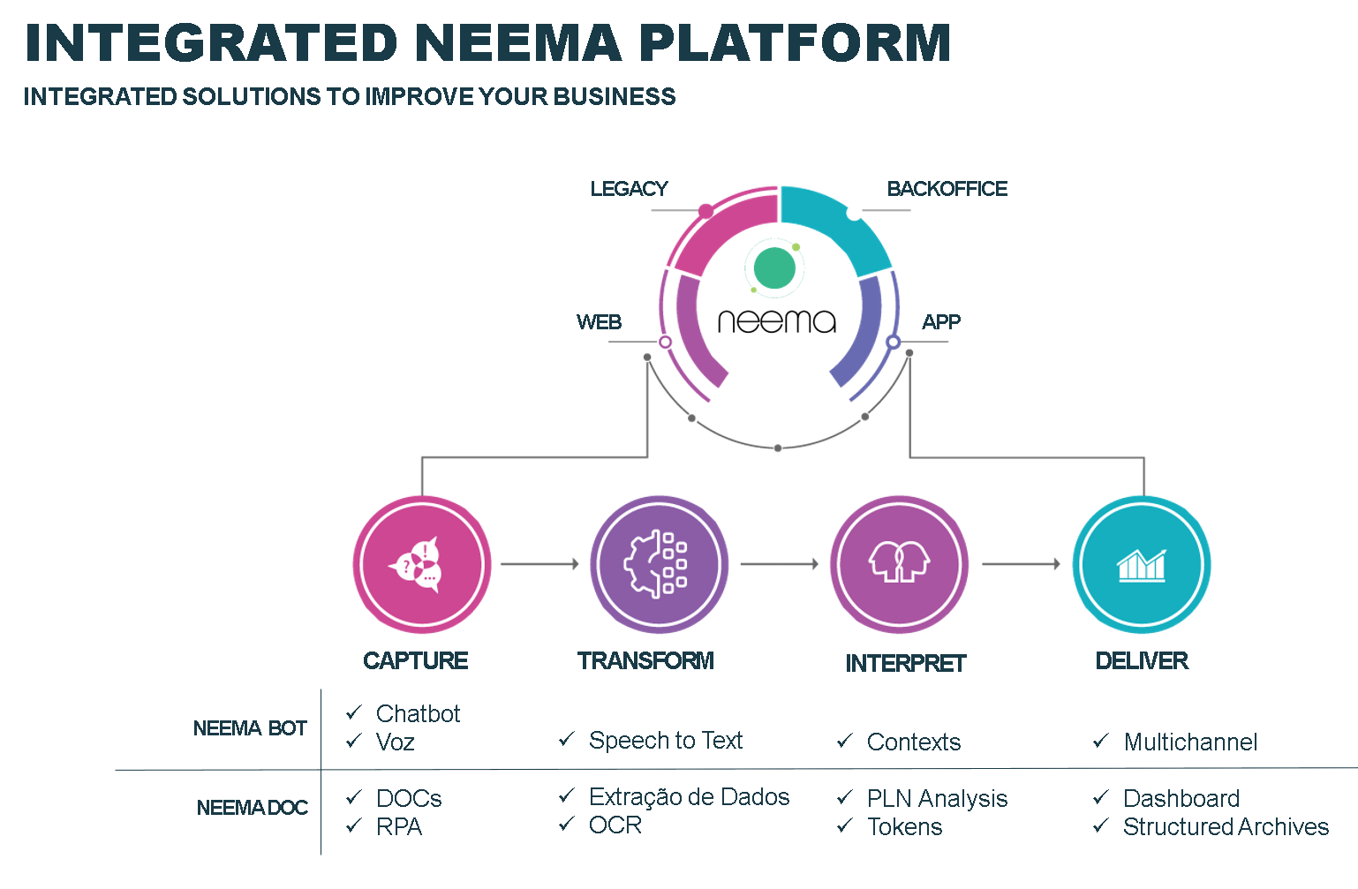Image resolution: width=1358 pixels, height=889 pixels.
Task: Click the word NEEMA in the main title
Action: [x=519, y=43]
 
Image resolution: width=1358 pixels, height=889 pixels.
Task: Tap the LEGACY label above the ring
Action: [x=629, y=188]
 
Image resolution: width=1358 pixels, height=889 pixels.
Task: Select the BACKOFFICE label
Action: [x=947, y=188]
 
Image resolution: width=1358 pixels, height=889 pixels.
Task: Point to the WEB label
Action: [x=599, y=321]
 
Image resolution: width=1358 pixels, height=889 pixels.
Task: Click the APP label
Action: [x=941, y=321]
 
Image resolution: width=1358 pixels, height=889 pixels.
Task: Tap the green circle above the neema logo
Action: [x=774, y=267]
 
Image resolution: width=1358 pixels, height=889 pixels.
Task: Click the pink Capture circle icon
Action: [x=422, y=565]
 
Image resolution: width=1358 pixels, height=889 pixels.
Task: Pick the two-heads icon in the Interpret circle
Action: [x=899, y=561]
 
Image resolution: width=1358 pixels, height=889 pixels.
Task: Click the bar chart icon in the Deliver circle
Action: [x=1142, y=565]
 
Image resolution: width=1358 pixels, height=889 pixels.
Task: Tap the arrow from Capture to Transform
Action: [x=539, y=564]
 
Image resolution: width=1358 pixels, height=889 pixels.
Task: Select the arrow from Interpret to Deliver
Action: [x=1021, y=564]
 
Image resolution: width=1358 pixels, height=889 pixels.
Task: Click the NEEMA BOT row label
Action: [x=250, y=727]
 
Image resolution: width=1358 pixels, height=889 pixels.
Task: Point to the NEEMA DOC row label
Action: [x=253, y=807]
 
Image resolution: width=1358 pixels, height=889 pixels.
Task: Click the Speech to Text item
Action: [x=666, y=741]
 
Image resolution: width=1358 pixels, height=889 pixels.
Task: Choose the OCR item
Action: [x=615, y=825]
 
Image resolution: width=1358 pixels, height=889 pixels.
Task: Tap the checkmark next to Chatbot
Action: [x=354, y=712]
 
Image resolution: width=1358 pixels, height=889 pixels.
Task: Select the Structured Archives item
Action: [x=1226, y=826]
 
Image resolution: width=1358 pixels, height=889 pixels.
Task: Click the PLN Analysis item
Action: [x=937, y=799]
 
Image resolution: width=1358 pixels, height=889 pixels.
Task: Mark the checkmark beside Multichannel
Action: [x=1101, y=741]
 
